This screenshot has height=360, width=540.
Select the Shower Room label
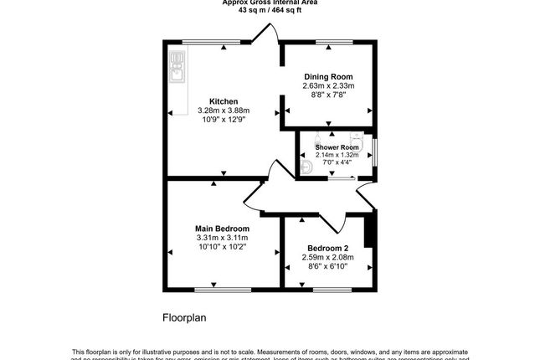coord(337,147)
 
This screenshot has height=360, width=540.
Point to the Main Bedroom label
coord(222,229)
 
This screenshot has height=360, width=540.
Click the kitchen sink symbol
coord(177,65)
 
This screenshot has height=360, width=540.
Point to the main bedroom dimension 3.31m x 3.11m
coord(222,238)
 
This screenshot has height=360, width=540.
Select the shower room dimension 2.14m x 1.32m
coord(337,155)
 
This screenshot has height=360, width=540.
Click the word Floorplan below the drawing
coord(183,318)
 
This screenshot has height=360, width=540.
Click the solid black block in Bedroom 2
coord(369,230)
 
